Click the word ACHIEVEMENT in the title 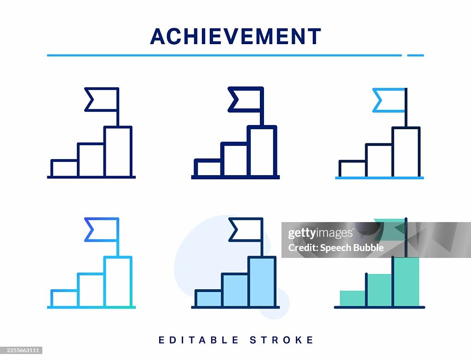point(235,37)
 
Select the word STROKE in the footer point(282,340)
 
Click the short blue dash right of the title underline point(415,56)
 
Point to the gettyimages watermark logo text point(320,234)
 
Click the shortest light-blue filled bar point(208,298)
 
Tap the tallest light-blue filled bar point(262,282)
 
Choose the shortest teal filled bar point(352,298)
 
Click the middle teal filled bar point(379,290)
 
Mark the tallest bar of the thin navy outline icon point(118,151)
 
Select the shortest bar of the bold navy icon point(208,168)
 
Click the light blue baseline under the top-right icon point(379,177)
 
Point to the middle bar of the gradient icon point(91,290)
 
